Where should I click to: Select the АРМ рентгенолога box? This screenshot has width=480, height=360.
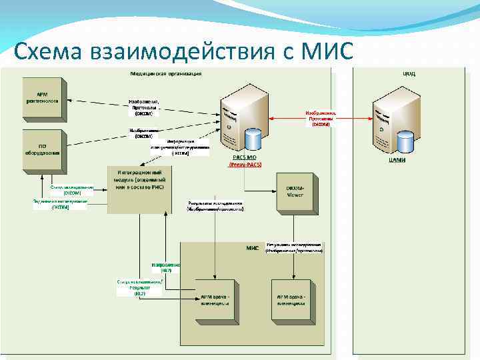[42, 96]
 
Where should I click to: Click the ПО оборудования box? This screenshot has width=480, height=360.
[42, 147]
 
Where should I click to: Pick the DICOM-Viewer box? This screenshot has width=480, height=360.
[294, 192]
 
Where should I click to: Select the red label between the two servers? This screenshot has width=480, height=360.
[321, 119]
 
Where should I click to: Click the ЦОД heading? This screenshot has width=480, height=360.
[409, 73]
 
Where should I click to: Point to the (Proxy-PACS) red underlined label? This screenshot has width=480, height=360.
[245, 163]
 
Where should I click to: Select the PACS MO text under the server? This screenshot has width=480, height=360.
[245, 157]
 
